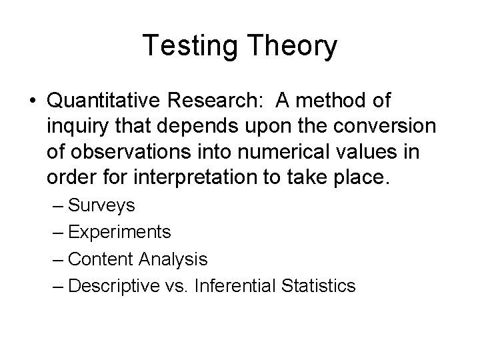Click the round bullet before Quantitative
point(32,103)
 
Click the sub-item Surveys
point(101,206)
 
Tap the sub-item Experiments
point(119,233)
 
